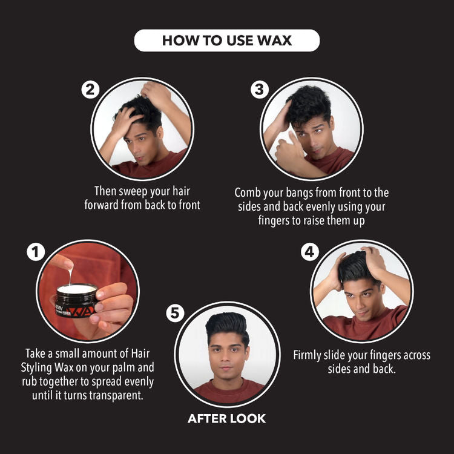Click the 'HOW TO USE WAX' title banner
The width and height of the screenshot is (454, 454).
tap(227, 40)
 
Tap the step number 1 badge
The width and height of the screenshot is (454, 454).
tap(36, 252)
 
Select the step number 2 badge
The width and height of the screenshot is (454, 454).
tap(90, 90)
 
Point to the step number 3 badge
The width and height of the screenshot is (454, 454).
tap(260, 90)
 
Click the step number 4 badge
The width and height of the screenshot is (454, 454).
tap(310, 252)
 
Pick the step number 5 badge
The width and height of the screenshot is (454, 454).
tap(175, 313)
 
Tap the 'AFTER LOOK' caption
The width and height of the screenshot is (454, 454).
tap(227, 419)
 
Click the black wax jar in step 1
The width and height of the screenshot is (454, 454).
tap(76, 300)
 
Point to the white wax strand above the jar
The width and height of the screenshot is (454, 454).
tap(70, 275)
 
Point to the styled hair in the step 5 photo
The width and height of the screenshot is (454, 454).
tap(227, 326)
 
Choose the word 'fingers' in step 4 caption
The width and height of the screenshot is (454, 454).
tap(386, 355)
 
